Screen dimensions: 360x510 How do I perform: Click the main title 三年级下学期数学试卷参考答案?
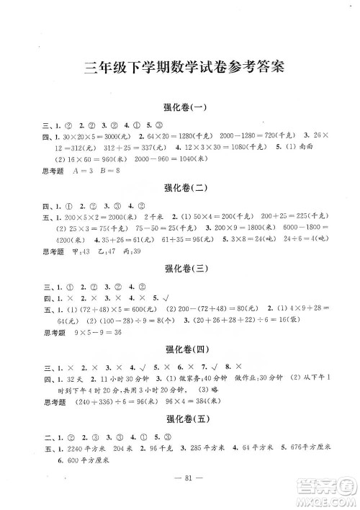pyautogui.click(x=180, y=68)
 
